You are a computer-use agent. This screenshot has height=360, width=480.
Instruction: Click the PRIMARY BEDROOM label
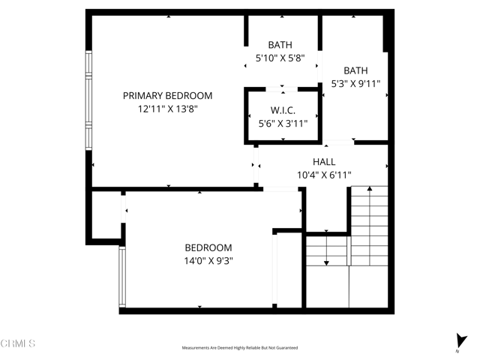click(x=167, y=96)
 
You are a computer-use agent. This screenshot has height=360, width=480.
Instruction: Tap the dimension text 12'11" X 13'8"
click(x=167, y=109)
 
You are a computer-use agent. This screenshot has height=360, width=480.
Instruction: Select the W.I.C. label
click(x=283, y=110)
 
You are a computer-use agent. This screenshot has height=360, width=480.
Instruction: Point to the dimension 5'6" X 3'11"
click(x=283, y=124)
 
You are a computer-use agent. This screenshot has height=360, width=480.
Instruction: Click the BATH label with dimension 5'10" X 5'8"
click(x=280, y=45)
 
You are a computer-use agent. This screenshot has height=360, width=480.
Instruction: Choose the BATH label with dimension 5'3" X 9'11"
click(x=355, y=70)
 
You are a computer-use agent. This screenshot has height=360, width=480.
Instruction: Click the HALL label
click(x=324, y=162)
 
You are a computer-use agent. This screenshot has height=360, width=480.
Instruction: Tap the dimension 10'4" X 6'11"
click(x=324, y=175)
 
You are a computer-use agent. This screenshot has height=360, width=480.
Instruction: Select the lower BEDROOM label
click(x=208, y=247)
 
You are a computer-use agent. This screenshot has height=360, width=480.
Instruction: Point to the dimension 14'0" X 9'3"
click(x=208, y=261)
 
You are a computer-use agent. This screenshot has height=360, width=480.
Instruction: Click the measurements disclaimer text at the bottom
click(x=240, y=348)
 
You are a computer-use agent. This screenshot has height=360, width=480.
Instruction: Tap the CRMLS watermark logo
click(x=19, y=343)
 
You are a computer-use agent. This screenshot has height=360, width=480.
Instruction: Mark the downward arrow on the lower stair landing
click(x=326, y=262)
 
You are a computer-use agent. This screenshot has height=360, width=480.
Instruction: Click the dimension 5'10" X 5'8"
click(x=280, y=58)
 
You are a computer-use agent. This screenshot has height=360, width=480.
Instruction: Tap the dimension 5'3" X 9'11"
click(x=355, y=84)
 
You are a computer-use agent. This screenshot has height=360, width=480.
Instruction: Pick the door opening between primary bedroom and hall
click(x=256, y=166)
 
